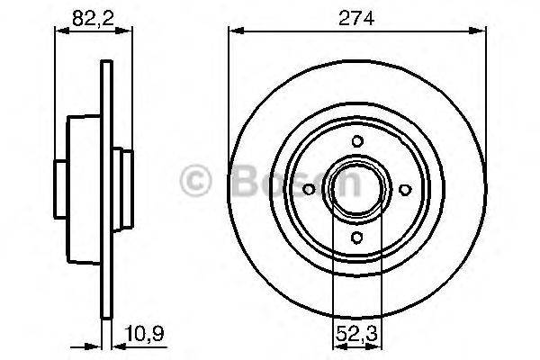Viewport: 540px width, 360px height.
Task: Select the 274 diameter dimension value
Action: point(358,14)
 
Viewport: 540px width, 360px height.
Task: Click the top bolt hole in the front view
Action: point(358,140)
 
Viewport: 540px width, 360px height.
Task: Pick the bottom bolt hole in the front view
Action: point(358,237)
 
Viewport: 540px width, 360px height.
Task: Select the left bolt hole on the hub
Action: point(310,189)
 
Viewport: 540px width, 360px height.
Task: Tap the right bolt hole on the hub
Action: point(406,189)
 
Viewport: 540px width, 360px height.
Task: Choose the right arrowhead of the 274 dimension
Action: point(483,30)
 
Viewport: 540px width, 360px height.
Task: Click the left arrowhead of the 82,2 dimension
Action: point(60,30)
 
